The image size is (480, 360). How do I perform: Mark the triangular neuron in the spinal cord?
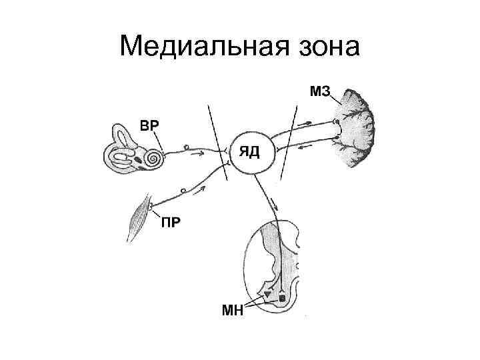[x=267, y=294]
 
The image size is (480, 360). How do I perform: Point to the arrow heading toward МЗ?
[x=308, y=123]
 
